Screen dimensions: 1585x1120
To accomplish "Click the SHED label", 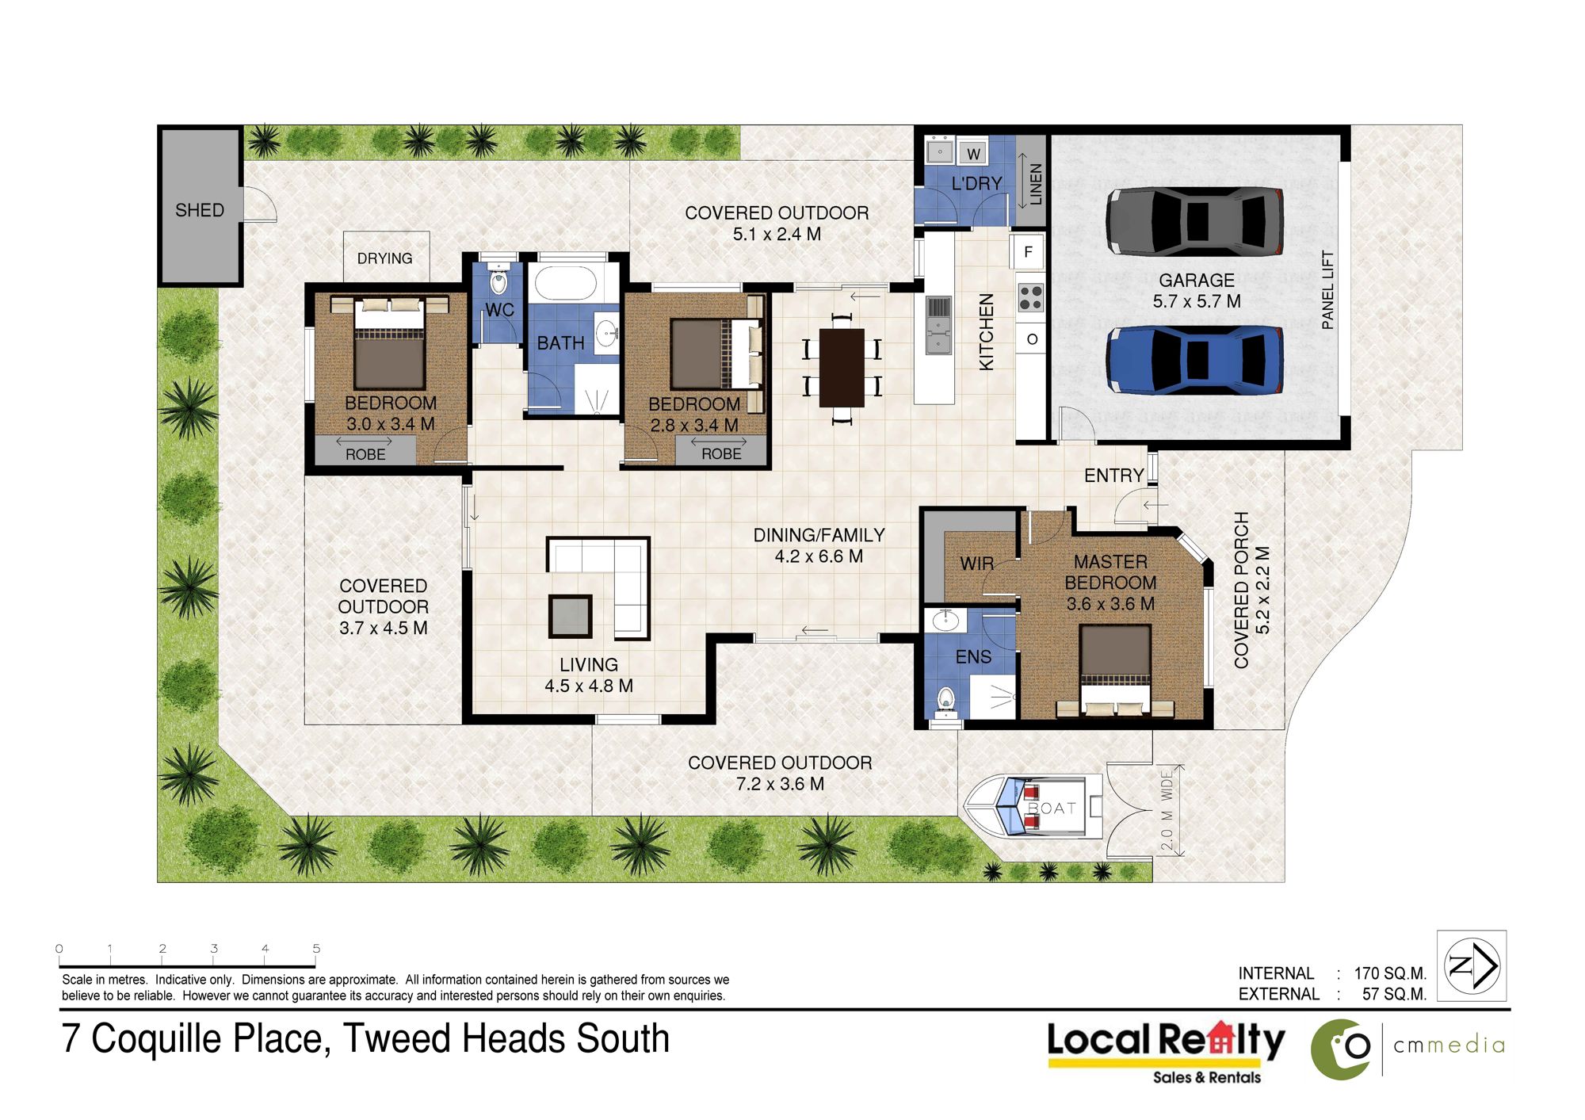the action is (x=200, y=210).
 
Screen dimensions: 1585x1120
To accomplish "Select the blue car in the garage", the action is (x=1195, y=361).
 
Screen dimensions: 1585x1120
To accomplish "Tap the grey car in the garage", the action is (x=1195, y=221).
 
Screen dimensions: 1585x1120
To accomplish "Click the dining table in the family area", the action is (x=842, y=368).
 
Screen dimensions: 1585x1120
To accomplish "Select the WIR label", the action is (x=976, y=564).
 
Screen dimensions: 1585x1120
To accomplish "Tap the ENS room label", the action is (x=973, y=657).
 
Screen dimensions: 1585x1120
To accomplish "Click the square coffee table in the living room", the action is (x=570, y=616).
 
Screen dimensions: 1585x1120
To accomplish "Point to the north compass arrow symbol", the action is (x=1472, y=965).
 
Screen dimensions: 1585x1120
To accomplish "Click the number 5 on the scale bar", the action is (x=316, y=948).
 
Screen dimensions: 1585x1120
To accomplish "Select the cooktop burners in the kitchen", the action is (x=1030, y=298).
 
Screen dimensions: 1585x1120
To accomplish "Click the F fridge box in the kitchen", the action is (x=1028, y=252).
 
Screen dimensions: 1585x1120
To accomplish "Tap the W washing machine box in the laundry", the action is (x=973, y=153).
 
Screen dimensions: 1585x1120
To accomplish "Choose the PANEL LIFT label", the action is (x=1328, y=290).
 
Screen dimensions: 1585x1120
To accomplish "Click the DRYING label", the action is (x=384, y=258).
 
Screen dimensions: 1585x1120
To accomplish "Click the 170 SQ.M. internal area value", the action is (x=1390, y=973).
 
